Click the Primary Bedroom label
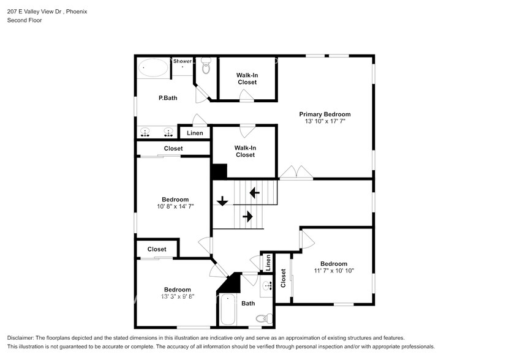[x=325, y=114]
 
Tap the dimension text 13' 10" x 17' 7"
[x=325, y=122]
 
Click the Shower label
[x=182, y=61]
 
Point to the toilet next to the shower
[x=206, y=67]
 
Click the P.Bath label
[x=168, y=98]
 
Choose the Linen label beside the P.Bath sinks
[x=195, y=133]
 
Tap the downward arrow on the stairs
[x=222, y=200]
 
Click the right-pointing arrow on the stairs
[x=248, y=216]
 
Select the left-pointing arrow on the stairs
[x=254, y=193]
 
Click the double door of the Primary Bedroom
[x=296, y=173]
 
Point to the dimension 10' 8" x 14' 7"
[x=175, y=207]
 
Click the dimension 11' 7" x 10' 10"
[x=334, y=271]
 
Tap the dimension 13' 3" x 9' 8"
[x=177, y=296]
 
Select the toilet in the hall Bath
[x=262, y=318]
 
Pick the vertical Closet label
[x=283, y=278]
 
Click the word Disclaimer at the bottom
[x=23, y=339]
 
